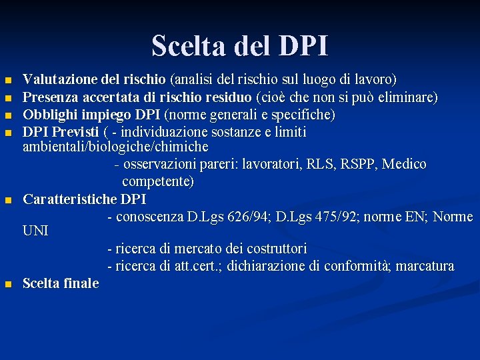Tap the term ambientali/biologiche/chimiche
pyautogui.click(x=115, y=147)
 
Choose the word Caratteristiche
pyautogui.click(x=70, y=199)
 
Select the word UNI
pyautogui.click(x=35, y=231)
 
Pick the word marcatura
pyautogui.click(x=425, y=267)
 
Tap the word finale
pyautogui.click(x=81, y=283)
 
